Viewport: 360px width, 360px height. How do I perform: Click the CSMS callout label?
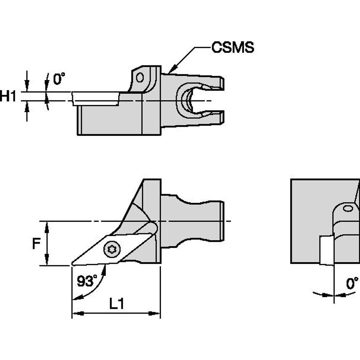(233, 47)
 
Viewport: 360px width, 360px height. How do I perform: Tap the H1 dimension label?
(8, 96)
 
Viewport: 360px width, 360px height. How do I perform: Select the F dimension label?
(36, 244)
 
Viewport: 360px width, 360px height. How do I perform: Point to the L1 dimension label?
(117, 304)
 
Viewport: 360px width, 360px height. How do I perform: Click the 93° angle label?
(87, 281)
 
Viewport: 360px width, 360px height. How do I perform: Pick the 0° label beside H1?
(59, 78)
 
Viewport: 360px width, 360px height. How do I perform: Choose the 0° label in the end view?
(352, 283)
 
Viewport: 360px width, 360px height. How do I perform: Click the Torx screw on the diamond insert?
(112, 249)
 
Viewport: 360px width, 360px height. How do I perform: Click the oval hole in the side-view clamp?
(140, 78)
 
